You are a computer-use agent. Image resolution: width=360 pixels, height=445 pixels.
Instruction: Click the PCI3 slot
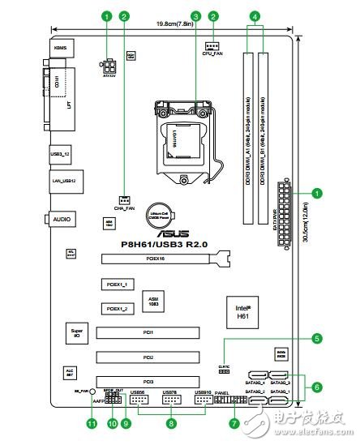click(x=148, y=381)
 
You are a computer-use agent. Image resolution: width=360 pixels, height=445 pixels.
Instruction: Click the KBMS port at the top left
click(x=61, y=49)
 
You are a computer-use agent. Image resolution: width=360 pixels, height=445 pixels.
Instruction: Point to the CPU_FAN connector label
click(x=213, y=54)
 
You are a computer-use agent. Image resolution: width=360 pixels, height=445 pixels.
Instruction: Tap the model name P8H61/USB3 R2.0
click(x=154, y=242)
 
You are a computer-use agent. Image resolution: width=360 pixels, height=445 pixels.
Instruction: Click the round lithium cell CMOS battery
click(x=177, y=213)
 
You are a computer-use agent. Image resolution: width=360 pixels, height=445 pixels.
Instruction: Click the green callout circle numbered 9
click(x=126, y=422)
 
